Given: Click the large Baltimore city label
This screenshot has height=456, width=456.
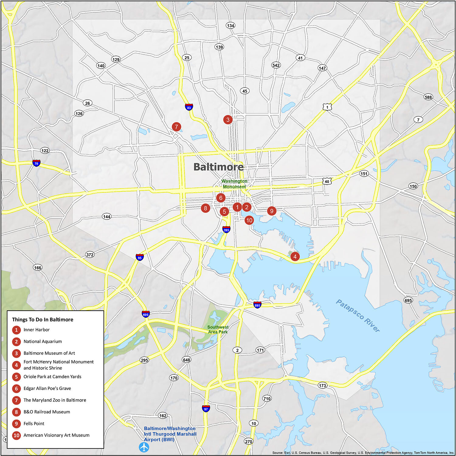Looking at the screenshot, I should coord(218,167).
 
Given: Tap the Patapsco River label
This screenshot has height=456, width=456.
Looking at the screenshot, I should coord(358,316).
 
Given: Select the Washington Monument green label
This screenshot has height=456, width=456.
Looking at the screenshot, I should coord(234,184).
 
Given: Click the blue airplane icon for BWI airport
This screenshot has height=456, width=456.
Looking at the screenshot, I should coord(144,447).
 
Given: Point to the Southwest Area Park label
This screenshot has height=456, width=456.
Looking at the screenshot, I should coord(218,330).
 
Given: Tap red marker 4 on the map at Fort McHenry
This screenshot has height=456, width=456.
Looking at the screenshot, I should coord(295,256).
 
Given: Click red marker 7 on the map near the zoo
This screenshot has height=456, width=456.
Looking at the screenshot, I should coord(176,127).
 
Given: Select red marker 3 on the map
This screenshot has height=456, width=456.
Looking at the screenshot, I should coord(228,120).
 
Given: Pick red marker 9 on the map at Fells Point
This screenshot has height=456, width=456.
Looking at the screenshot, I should coord(271,211).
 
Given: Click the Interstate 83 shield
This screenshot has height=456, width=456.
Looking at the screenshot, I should coord(189,107).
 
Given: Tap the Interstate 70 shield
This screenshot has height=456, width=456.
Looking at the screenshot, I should coord(36,163).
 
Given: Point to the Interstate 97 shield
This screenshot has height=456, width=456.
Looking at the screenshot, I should coord(206,409).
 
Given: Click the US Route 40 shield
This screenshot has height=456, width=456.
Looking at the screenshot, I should coord(327,181).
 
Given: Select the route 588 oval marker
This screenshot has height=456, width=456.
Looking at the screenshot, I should coord(428,97).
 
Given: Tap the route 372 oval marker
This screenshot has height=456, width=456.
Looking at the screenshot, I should coord(90,255).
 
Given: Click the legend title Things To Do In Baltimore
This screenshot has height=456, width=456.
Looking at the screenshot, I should coord(43,320).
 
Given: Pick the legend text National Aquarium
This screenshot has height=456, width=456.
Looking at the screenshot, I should coord(43,341).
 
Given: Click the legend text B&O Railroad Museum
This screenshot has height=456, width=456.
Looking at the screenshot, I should coord(47,412).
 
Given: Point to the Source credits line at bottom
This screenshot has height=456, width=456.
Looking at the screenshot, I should coord(363,453).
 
